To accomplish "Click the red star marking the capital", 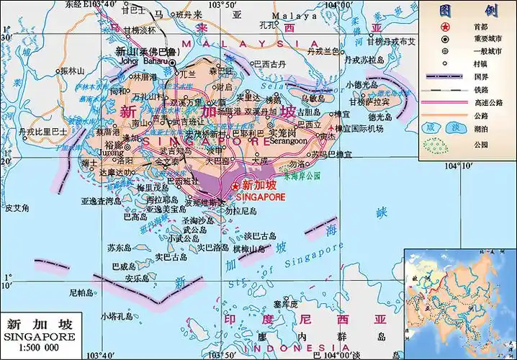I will [235, 185].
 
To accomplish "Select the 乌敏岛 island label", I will [313, 96].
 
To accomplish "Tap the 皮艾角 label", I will [16, 208].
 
